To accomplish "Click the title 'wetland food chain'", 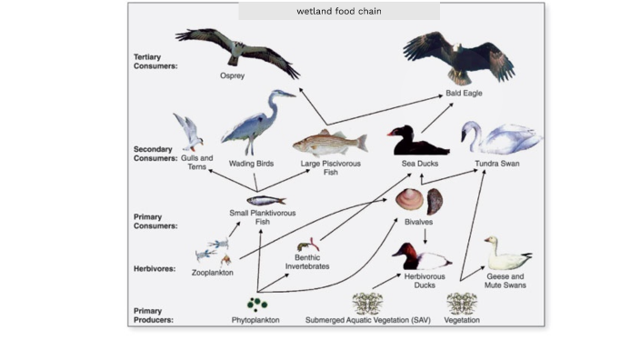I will point(338,12).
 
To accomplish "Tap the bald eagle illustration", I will point(458,58).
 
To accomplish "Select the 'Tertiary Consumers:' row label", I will point(155,61).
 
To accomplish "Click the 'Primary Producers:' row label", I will point(155,315).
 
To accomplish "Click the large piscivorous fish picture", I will point(329,142).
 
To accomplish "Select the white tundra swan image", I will point(497,138).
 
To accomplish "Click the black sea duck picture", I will point(416,141).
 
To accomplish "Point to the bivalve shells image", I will point(421,200).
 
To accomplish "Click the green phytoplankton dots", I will point(256,303).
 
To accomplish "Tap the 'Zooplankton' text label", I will point(212,272).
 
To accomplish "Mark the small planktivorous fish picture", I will point(265,200).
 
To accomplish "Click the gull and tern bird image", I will point(189,133).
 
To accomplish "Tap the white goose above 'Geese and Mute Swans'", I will point(505,254).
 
